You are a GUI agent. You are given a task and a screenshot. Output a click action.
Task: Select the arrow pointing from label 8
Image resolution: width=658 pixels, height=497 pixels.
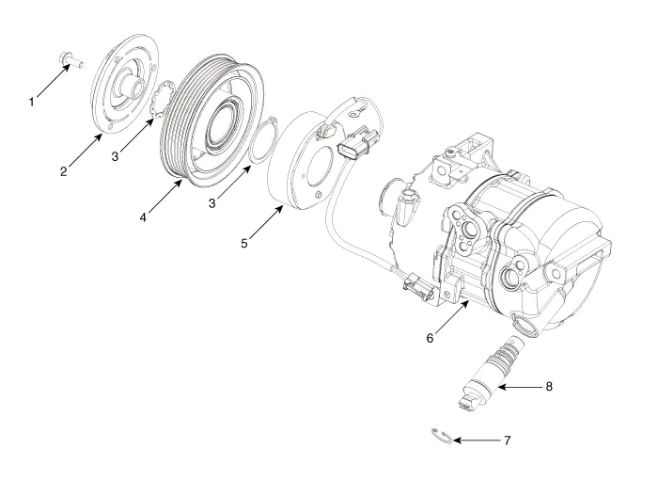click(512, 386)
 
